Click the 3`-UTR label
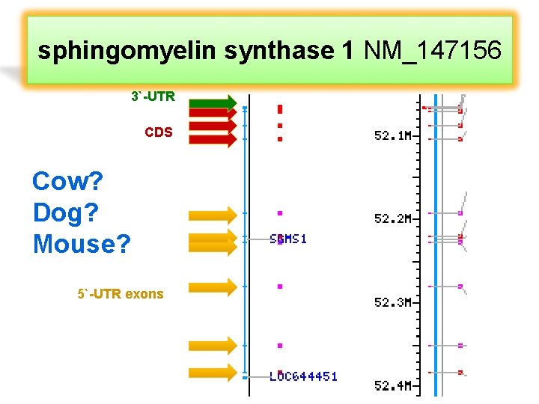click(153, 97)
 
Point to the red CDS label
click(158, 132)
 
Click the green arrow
click(213, 102)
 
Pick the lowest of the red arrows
click(213, 138)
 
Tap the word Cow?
click(67, 181)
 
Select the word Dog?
click(66, 212)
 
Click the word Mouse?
click(82, 243)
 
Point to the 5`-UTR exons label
click(120, 294)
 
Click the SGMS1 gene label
click(288, 239)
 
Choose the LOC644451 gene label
click(303, 376)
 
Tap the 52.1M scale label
click(392, 136)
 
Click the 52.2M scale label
click(392, 219)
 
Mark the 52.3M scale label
click(392, 302)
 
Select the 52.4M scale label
click(392, 385)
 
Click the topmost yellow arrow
click(212, 216)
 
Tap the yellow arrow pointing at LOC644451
click(212, 372)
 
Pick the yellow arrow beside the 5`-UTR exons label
click(212, 286)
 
